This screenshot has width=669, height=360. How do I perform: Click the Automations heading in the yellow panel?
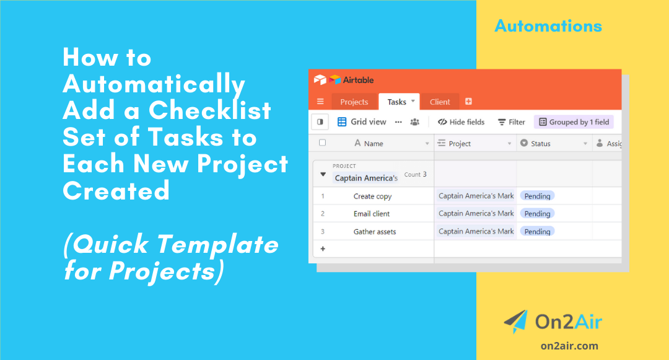(548, 26)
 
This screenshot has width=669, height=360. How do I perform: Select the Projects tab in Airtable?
(354, 102)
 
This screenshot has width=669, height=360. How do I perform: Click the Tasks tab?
(397, 102)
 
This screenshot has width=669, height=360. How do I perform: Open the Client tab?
(440, 102)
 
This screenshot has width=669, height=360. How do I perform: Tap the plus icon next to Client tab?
(468, 102)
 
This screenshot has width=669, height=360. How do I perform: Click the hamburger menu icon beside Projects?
(320, 102)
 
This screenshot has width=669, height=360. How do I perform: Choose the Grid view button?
(362, 122)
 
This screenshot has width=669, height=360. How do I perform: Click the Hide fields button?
(461, 122)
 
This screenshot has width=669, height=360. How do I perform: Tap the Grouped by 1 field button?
(573, 122)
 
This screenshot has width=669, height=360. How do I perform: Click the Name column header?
(374, 144)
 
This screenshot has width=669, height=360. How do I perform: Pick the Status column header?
(540, 144)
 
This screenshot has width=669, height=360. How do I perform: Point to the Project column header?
(460, 144)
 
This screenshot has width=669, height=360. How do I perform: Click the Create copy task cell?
(372, 196)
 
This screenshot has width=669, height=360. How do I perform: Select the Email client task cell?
(372, 214)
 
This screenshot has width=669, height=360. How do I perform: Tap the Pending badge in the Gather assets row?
(537, 232)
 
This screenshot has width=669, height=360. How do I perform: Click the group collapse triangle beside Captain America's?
(323, 175)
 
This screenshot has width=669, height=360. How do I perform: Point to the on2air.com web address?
(569, 346)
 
